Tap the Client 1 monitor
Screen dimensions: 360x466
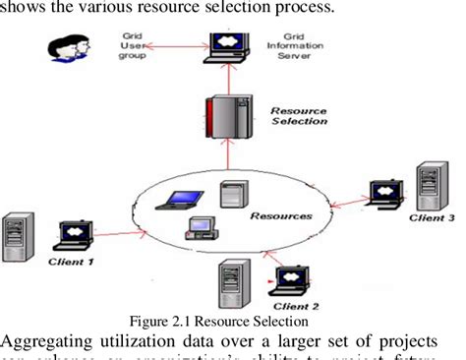pyautogui.click(x=78, y=234)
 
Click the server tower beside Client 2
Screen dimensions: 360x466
pyautogui.click(x=235, y=285)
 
